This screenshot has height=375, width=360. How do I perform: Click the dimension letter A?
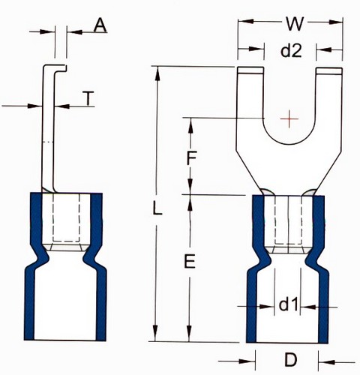click(100, 26)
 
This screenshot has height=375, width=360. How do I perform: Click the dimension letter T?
click(88, 98)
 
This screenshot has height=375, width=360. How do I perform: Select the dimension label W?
click(295, 24)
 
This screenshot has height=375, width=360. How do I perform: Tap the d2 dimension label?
click(291, 51)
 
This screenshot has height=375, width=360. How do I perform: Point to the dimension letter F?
click(191, 158)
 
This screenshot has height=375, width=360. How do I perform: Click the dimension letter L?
click(157, 208)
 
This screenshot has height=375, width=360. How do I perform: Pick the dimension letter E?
click(190, 262)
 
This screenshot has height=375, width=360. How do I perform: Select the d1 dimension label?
click(288, 304)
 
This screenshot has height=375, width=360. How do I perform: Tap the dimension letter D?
click(291, 360)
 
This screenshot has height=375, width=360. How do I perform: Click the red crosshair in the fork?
click(289, 118)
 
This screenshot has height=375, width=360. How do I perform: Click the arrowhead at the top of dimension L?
click(157, 73)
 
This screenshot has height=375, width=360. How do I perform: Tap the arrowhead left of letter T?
click(34, 106)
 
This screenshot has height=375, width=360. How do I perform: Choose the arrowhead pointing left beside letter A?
click(74, 32)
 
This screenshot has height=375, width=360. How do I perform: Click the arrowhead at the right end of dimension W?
click(335, 22)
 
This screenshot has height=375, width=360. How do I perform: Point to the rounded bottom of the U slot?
click(289, 144)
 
